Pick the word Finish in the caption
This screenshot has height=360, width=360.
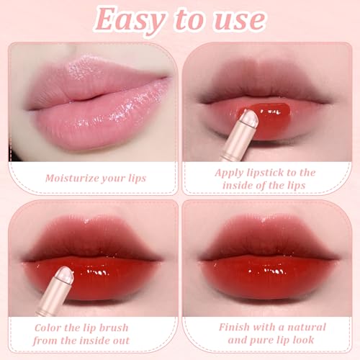coord(235,326)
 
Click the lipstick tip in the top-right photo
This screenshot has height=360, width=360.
coord(248,117)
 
